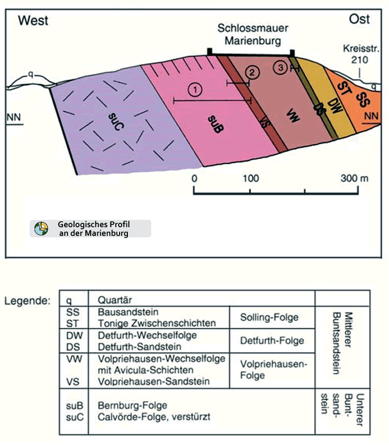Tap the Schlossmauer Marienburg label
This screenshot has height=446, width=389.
pos(249,36)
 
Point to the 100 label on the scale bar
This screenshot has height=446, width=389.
pos(251,178)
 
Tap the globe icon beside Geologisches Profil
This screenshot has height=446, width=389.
pos(41,228)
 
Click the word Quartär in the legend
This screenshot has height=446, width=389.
pos(115,300)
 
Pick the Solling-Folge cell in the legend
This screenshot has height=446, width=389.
pos(269,317)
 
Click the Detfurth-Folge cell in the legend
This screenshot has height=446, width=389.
pos(272,340)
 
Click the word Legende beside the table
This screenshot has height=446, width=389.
pos(28,301)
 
